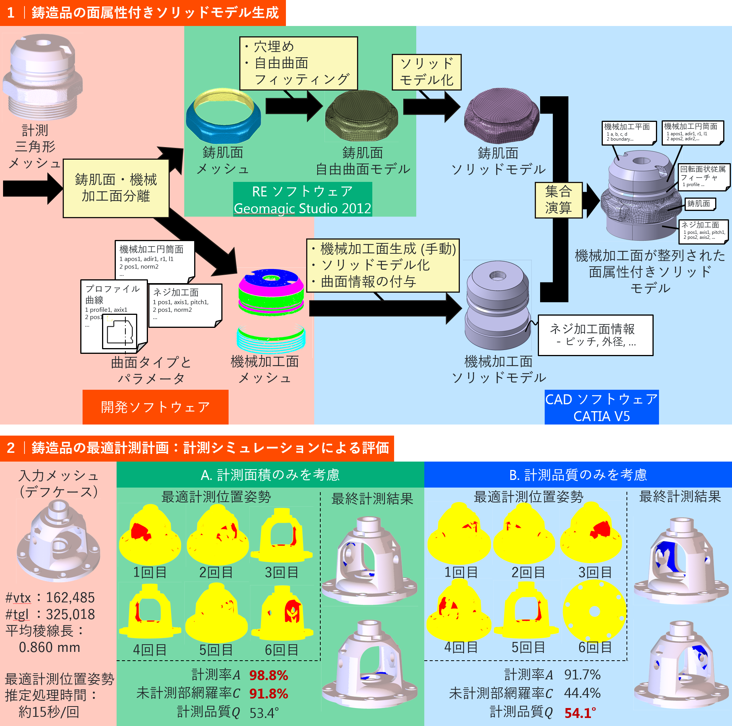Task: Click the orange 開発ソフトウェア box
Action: (x=155, y=407)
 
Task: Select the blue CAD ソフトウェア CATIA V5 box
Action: (x=601, y=407)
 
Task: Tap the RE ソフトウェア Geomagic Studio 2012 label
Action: (x=302, y=199)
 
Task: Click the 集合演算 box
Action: (x=558, y=200)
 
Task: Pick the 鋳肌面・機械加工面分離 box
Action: (x=116, y=188)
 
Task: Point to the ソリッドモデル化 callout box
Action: (x=427, y=72)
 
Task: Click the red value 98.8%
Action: (x=268, y=675)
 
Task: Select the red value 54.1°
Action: (x=580, y=713)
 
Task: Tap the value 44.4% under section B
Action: (x=582, y=693)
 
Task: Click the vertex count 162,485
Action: (x=70, y=597)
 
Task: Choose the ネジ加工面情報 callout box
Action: (x=595, y=335)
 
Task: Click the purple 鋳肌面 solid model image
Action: (x=501, y=116)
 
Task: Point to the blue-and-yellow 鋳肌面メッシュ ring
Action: (x=224, y=115)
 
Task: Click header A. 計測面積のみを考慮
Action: (x=270, y=475)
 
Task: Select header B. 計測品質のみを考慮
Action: (x=578, y=475)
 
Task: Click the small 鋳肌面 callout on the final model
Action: (x=700, y=204)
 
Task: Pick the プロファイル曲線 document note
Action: (x=113, y=316)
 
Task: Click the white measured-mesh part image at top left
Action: (x=43, y=76)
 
